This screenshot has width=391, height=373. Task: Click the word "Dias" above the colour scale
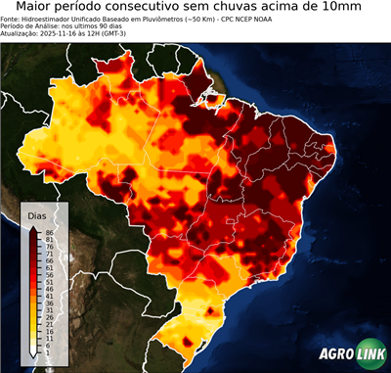pyautogui.click(x=37, y=215)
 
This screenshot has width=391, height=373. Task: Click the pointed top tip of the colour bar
pyautogui.click(x=33, y=227)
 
